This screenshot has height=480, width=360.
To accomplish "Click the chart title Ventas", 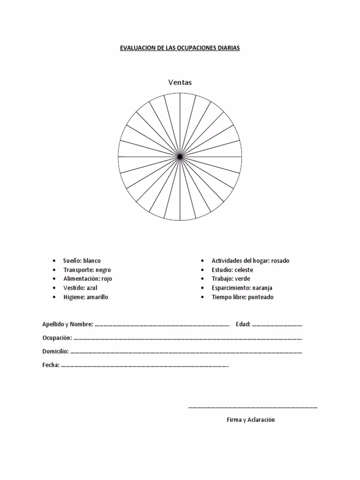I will (x=180, y=82).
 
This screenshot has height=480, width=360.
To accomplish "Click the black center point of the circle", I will (x=180, y=156).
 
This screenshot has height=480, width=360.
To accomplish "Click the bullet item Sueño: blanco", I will (x=82, y=261).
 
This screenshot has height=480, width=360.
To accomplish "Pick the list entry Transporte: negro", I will (x=87, y=270).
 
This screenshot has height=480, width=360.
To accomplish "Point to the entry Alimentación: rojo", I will (x=88, y=279).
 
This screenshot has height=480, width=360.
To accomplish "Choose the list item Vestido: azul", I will (x=80, y=288).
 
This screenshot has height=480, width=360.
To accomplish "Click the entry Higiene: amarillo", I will (x=86, y=297).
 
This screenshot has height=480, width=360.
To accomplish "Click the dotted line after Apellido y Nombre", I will (x=162, y=324).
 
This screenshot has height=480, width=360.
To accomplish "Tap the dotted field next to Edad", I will (x=277, y=324).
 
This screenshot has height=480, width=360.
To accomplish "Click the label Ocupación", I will (x=57, y=338).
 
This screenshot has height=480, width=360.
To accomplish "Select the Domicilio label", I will (x=55, y=352).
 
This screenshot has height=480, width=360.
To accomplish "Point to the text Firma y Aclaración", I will (x=251, y=420).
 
